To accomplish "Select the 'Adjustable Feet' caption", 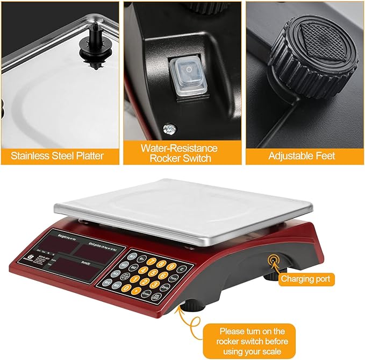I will (x=302, y=156).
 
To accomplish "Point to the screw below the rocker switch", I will (x=170, y=129).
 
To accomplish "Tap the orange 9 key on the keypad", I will (x=170, y=266).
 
